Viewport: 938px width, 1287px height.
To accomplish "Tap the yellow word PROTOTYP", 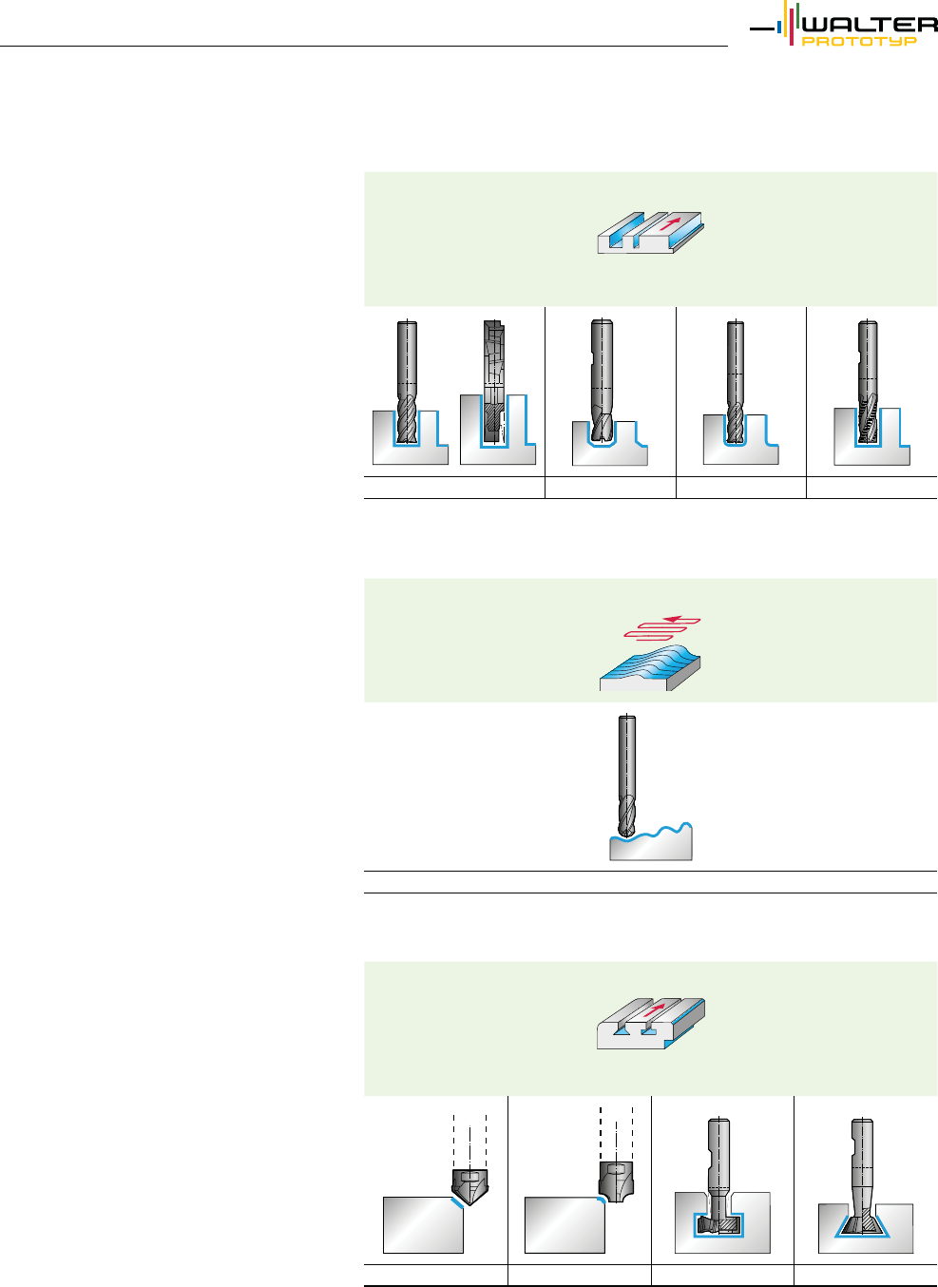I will pos(859,42).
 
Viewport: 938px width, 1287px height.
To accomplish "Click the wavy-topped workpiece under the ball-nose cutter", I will pos(650,844).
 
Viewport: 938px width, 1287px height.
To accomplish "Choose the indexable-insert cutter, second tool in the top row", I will pos(494,380).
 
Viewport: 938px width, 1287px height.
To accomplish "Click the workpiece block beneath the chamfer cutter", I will pos(422,1226).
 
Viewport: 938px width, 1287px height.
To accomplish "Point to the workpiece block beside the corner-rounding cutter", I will pos(564,1226).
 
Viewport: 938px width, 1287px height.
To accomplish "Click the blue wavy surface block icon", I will pos(650,665).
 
